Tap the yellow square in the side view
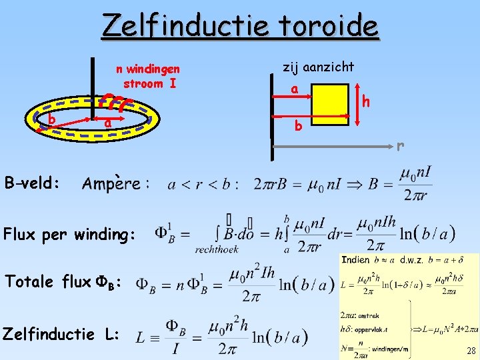(x=329, y=104)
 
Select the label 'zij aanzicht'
(x=319, y=67)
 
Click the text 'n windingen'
(x=149, y=69)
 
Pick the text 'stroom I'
(x=149, y=83)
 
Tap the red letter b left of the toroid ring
(x=51, y=119)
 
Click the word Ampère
(x=111, y=183)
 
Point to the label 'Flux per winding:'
(x=69, y=234)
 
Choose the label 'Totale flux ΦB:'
(x=63, y=282)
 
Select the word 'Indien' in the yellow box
(x=355, y=260)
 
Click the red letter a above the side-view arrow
(x=294, y=89)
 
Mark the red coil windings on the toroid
(x=115, y=103)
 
